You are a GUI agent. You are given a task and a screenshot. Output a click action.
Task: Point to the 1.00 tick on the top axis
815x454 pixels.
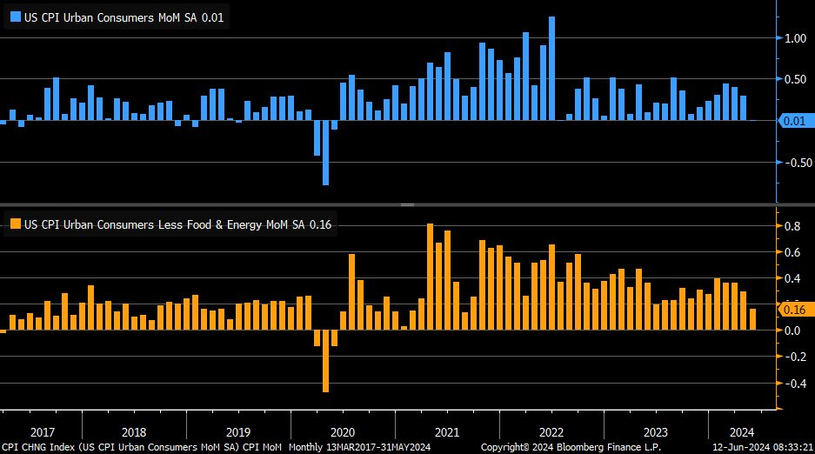[x=793, y=38]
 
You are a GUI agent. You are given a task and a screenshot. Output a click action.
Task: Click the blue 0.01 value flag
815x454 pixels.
[x=792, y=121]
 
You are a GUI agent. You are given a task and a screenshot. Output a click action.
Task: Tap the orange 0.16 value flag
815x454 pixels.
[x=792, y=310]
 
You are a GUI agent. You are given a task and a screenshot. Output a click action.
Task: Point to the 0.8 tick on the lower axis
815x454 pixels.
[x=791, y=227]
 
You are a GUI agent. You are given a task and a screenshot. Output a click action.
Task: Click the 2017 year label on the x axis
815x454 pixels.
[x=43, y=432]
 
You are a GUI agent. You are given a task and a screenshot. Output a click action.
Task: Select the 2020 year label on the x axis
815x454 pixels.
[x=342, y=432]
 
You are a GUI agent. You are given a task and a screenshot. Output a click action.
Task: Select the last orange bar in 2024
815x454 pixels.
[x=752, y=319]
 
